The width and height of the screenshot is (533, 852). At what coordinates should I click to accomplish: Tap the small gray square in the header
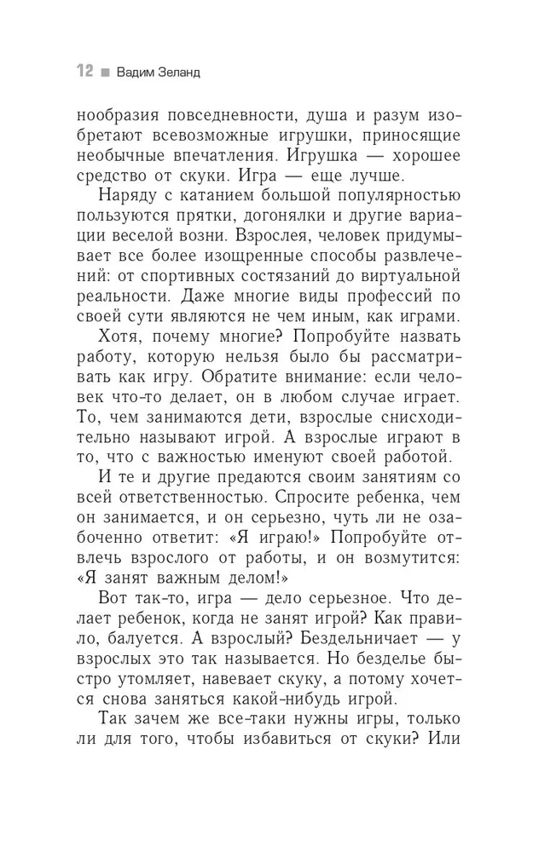tap(104, 72)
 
